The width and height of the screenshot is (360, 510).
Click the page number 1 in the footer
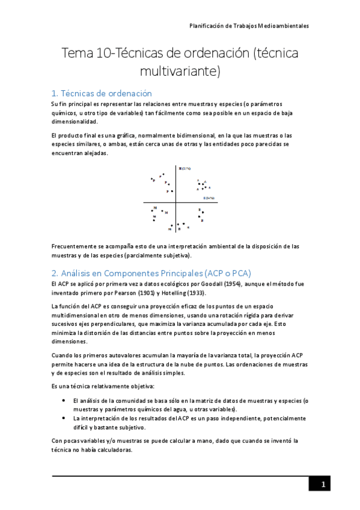323,485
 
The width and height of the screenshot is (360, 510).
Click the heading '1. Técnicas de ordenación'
102,93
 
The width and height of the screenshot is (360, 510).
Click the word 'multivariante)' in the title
180,72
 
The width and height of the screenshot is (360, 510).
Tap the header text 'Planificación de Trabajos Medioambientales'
249,26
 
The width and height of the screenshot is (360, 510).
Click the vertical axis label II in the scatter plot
184,168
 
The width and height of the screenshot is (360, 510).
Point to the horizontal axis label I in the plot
209,198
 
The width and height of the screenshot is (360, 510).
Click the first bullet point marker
64,400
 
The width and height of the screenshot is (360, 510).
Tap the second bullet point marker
64,417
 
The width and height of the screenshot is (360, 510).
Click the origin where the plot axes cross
177,203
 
